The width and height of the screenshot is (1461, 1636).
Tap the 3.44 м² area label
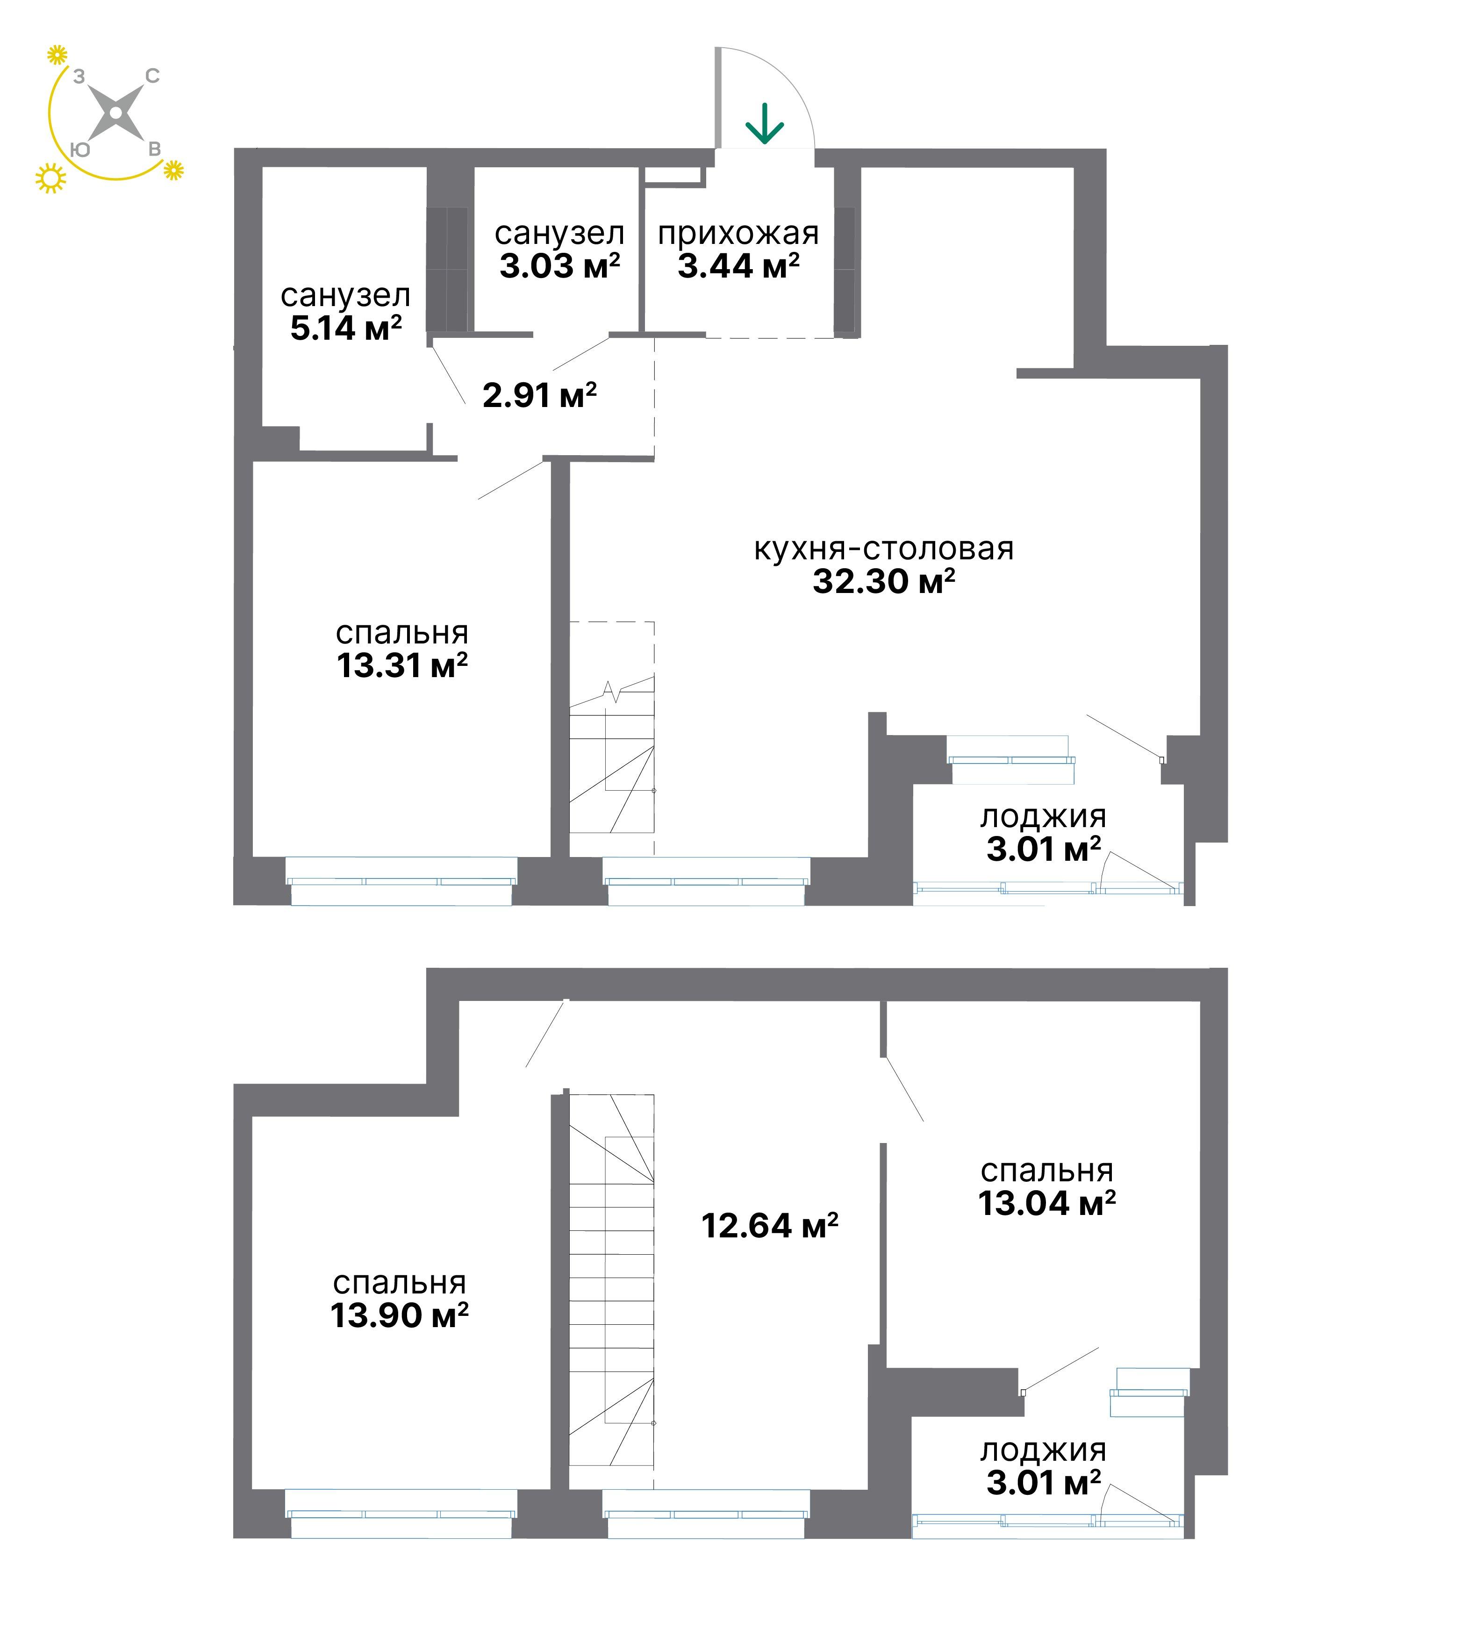(x=738, y=266)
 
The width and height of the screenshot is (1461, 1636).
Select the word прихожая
(x=738, y=234)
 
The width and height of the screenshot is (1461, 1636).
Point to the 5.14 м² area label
(x=346, y=329)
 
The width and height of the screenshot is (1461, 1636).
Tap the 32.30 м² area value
(x=884, y=581)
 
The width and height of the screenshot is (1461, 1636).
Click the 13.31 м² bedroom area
(x=402, y=665)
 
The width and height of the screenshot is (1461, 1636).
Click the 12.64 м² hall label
(x=770, y=1226)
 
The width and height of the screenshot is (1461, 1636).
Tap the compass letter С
(x=152, y=76)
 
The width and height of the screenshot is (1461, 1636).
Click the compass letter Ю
(x=80, y=150)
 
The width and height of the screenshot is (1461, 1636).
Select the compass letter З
(x=79, y=76)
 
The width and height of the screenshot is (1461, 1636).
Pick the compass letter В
(x=154, y=150)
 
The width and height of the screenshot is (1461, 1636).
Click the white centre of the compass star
(x=116, y=113)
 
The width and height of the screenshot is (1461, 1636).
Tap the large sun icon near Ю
(x=50, y=178)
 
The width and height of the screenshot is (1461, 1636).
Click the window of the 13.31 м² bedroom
(x=401, y=881)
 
